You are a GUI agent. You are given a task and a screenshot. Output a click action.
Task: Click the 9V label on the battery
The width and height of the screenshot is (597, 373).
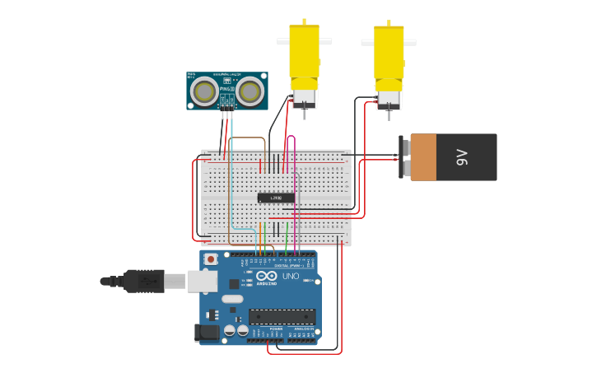[462, 157]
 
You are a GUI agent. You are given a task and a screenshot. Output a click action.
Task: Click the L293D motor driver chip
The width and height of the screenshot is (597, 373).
[276, 198]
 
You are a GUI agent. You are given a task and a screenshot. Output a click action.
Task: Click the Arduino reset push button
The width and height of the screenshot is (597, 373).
[211, 259]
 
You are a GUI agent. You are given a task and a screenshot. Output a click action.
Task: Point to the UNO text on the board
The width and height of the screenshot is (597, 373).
[291, 277]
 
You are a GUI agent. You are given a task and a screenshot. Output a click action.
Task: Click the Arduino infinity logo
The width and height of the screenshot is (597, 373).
[267, 277]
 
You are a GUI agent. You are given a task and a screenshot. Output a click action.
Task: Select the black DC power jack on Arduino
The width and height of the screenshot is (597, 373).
[206, 332]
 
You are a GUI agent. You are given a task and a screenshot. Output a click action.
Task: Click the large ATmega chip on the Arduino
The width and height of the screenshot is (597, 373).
[282, 316]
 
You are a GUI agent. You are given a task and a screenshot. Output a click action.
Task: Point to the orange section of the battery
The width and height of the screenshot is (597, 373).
[423, 157]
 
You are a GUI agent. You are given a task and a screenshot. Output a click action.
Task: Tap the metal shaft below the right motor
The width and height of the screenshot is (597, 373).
[388, 113]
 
